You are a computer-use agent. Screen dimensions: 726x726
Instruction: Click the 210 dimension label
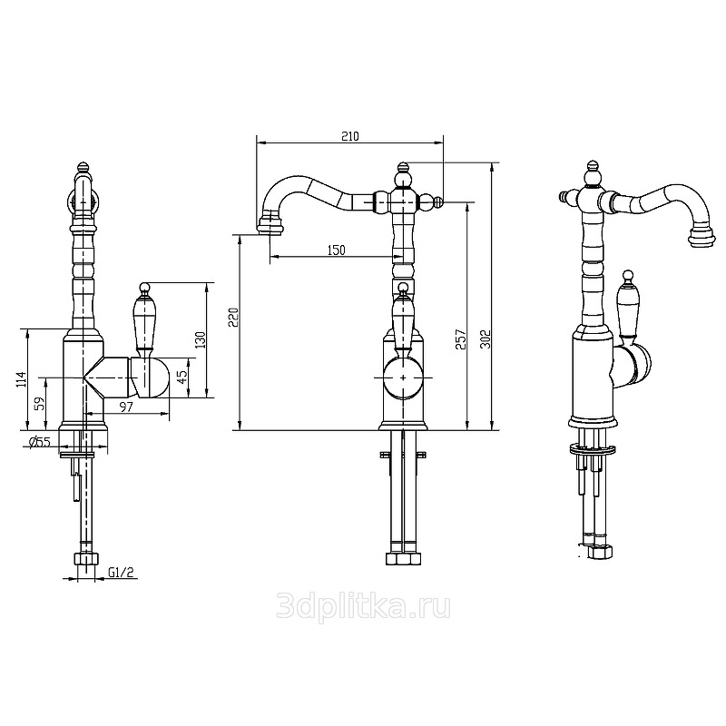click(350, 136)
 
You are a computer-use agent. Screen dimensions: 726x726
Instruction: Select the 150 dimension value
click(336, 250)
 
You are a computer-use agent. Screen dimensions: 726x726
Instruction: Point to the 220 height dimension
click(234, 317)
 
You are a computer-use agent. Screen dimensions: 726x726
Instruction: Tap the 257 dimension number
click(460, 339)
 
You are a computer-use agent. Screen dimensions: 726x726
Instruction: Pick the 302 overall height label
click(484, 339)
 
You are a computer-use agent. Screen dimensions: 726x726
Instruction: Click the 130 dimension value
click(200, 340)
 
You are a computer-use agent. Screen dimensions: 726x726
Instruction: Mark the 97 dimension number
click(126, 407)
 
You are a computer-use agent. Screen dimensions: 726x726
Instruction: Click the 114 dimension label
click(21, 379)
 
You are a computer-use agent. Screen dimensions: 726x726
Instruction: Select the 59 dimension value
click(41, 403)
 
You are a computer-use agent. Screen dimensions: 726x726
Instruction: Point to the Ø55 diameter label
click(40, 442)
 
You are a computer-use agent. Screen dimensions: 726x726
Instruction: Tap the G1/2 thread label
click(121, 573)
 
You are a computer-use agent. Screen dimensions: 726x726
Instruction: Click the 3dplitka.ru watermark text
click(363, 606)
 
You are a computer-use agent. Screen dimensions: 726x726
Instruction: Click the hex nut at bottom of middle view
click(403, 558)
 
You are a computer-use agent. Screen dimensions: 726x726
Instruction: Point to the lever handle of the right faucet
click(627, 305)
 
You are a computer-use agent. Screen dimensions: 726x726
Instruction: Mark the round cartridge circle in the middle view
click(404, 378)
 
